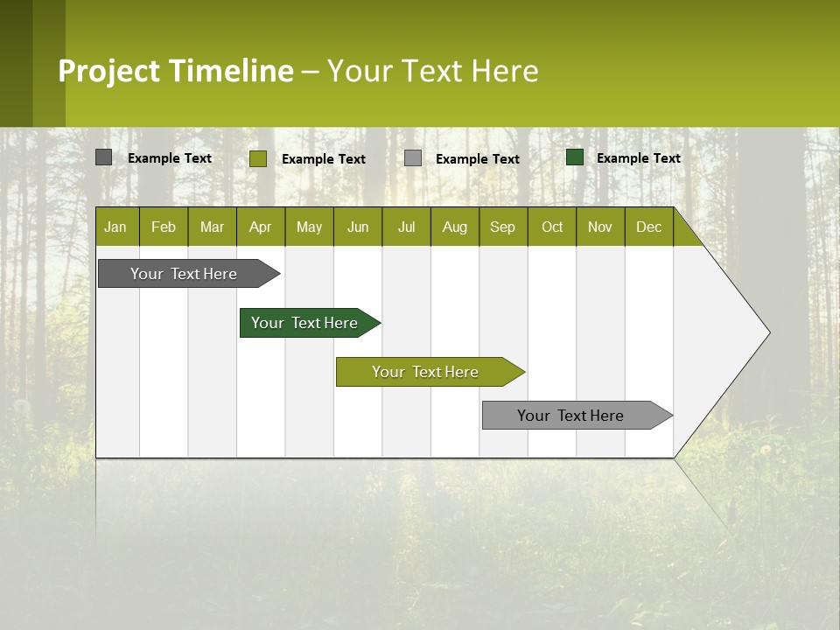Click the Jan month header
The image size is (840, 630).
click(x=115, y=227)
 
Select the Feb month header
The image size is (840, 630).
click(x=164, y=227)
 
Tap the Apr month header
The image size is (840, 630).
click(x=260, y=227)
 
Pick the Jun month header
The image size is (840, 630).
click(x=358, y=227)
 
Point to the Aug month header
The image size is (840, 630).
click(x=454, y=227)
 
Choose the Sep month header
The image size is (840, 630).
click(x=502, y=227)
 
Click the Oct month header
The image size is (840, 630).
click(x=552, y=227)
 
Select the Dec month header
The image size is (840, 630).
click(x=648, y=227)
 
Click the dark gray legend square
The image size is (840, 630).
click(x=104, y=157)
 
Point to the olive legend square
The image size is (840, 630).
click(x=258, y=158)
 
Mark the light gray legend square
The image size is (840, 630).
click(x=413, y=157)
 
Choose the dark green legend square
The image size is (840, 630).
click(x=575, y=157)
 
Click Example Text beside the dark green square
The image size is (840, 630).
click(x=638, y=158)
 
